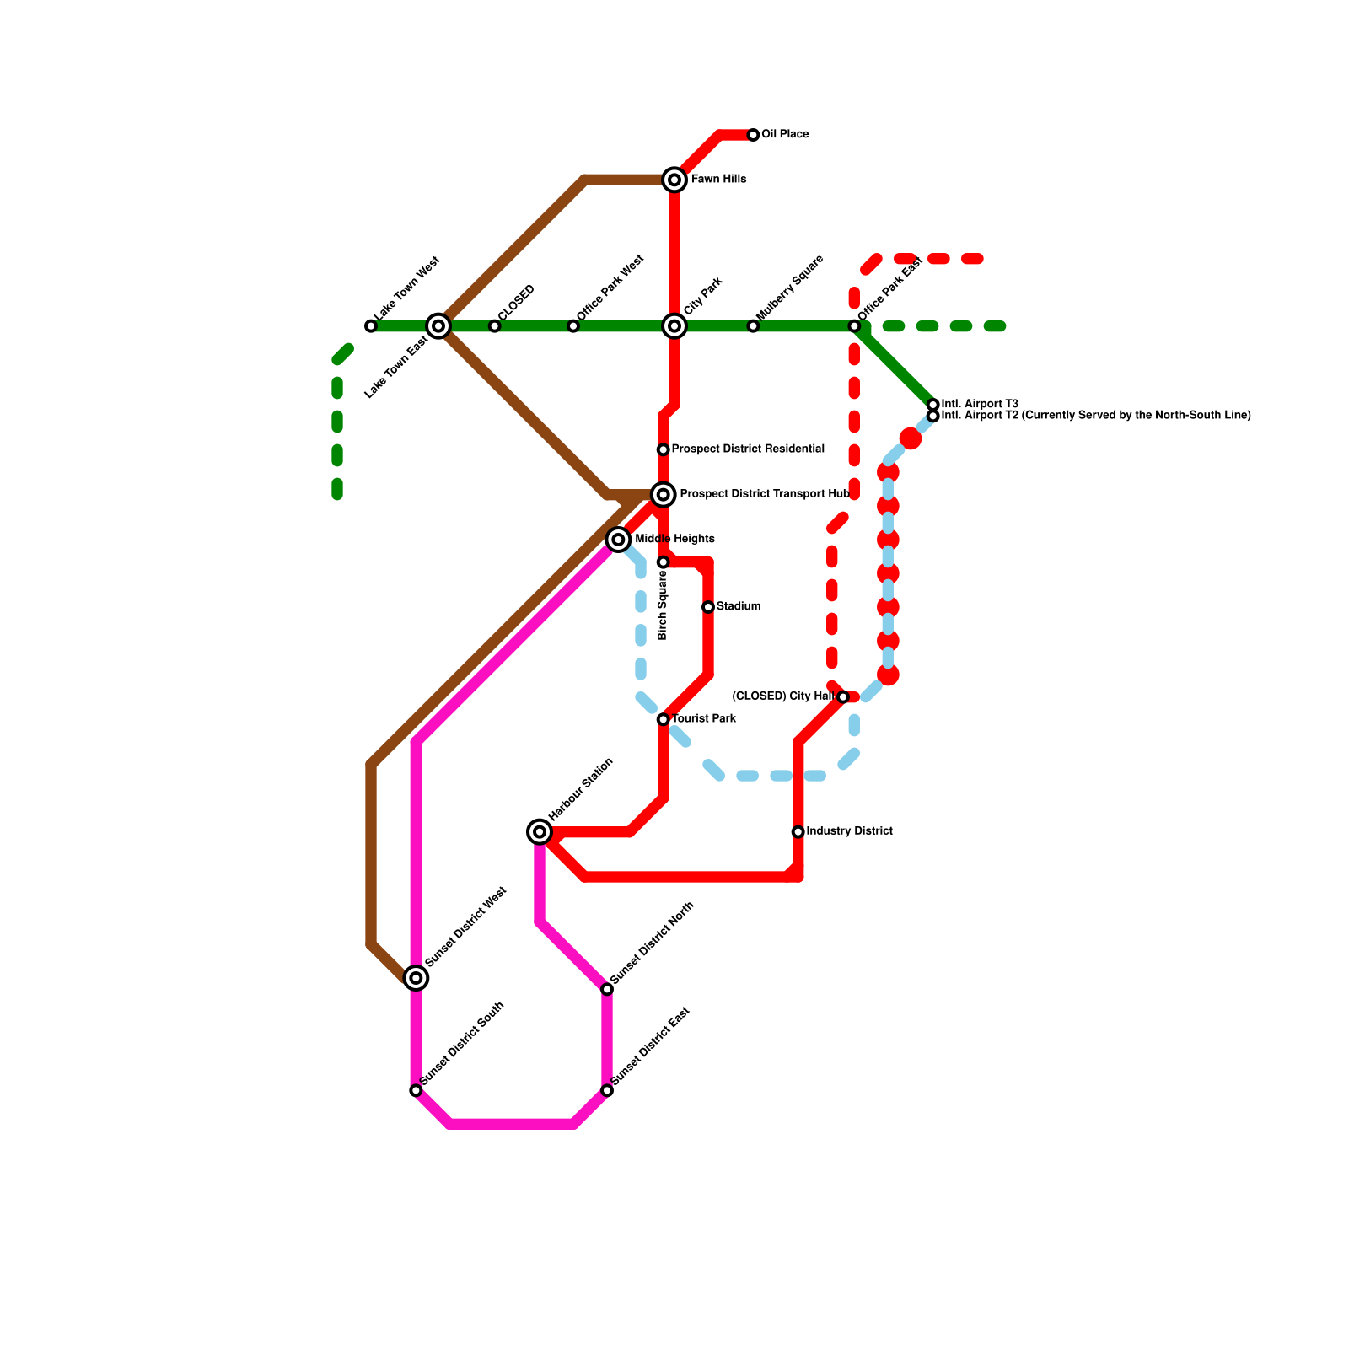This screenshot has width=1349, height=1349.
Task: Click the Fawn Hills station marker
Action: pos(674,180)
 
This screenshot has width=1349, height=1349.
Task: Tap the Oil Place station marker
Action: pos(753,135)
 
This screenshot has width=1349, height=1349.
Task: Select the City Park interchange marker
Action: pos(674,326)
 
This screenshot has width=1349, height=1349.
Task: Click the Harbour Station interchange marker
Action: pos(540,832)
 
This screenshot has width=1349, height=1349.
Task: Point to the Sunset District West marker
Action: pos(416,978)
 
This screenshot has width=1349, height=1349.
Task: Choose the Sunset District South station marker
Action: pos(416,1091)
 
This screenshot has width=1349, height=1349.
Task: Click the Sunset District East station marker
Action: pos(607,1091)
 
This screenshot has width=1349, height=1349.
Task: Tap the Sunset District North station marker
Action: pos(607,989)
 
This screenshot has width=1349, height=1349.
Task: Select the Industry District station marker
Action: pos(798,832)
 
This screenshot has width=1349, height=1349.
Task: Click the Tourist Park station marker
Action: pos(664,719)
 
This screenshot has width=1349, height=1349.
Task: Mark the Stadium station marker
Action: pos(708,607)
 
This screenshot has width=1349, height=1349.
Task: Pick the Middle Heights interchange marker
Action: pos(618,540)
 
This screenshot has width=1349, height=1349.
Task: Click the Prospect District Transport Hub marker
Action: pos(664,495)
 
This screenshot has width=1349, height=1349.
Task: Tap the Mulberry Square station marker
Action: pos(753,326)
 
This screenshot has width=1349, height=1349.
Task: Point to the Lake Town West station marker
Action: pos(371,326)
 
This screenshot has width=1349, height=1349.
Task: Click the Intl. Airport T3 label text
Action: pos(980,405)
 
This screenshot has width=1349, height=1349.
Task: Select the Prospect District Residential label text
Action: pos(748,449)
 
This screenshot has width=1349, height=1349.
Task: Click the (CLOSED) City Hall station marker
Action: pos(843,697)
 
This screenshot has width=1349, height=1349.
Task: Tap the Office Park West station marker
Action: pos(573,326)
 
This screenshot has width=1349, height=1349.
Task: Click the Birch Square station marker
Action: pos(664,562)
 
